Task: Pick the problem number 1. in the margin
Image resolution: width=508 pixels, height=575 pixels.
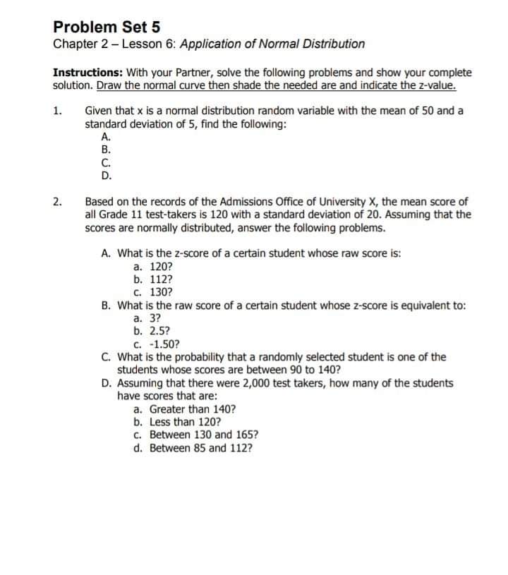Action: tap(57, 111)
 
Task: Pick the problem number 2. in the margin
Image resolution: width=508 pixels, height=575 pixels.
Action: tap(57, 202)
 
